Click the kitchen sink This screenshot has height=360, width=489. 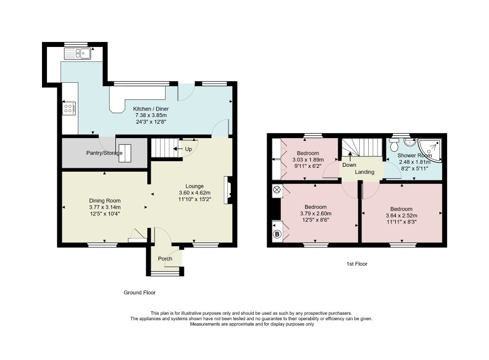77,54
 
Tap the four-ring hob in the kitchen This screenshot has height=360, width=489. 69,108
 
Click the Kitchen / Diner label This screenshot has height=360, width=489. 151,109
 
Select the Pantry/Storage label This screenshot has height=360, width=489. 104,153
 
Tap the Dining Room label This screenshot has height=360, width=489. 105,200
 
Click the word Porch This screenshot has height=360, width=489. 165,258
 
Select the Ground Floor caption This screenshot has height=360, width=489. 140,293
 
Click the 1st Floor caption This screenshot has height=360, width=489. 357,264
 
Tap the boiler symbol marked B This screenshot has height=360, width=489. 277,234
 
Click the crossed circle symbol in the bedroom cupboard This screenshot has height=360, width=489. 277,189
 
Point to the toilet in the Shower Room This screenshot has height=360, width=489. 394,145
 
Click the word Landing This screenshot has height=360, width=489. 365,172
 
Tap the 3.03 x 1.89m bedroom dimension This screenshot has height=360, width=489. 308,160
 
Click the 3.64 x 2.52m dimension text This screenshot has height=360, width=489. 401,215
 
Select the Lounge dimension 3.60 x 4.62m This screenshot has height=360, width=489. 195,193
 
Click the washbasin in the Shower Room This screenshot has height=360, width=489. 408,142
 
